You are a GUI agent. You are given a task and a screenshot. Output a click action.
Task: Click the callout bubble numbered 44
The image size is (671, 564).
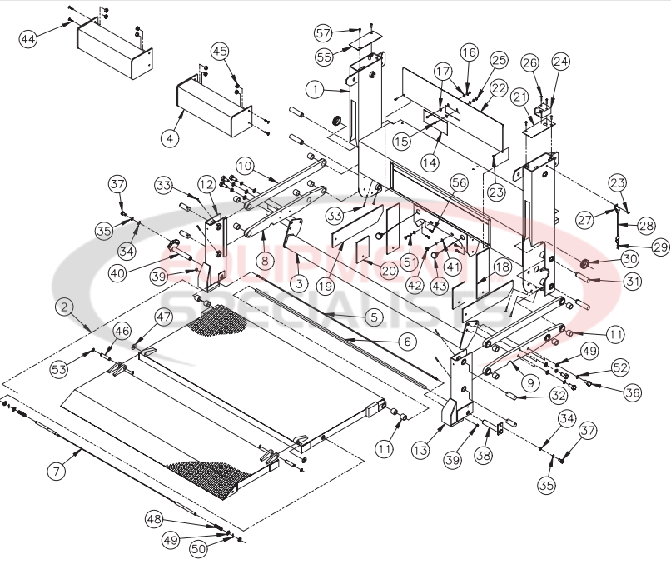tap(28, 39)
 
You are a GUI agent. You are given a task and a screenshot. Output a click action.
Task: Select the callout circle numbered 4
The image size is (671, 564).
tap(170, 138)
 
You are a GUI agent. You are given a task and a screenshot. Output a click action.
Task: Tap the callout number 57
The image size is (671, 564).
tap(323, 32)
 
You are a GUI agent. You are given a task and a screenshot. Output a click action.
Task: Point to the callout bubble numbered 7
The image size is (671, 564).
tap(56, 472)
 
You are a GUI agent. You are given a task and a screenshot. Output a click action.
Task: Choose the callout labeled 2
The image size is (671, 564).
tap(63, 307)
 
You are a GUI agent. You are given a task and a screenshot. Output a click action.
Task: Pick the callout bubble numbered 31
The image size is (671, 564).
tap(634, 282)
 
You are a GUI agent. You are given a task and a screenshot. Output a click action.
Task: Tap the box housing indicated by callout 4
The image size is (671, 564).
tap(212, 106)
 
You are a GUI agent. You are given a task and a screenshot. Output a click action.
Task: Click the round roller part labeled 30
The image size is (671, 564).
tap(584, 265)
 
